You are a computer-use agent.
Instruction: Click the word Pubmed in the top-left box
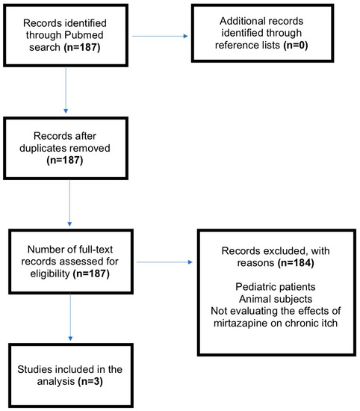84,35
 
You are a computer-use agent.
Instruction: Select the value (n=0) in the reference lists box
295,46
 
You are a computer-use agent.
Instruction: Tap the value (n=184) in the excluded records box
296,263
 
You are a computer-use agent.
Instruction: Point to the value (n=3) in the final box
90,381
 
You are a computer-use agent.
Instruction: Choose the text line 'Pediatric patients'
276,287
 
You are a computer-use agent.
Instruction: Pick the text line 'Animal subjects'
276,299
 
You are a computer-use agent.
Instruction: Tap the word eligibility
50,274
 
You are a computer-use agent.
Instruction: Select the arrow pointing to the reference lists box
160,36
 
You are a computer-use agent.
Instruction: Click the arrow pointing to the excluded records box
164,262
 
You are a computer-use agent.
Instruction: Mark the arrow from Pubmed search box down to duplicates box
66,90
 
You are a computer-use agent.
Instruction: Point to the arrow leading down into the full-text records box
69,203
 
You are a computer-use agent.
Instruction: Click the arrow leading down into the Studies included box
70,317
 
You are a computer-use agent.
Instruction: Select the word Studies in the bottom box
34,369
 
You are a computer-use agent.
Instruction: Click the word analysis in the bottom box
56,382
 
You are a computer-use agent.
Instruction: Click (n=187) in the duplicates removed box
65,160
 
